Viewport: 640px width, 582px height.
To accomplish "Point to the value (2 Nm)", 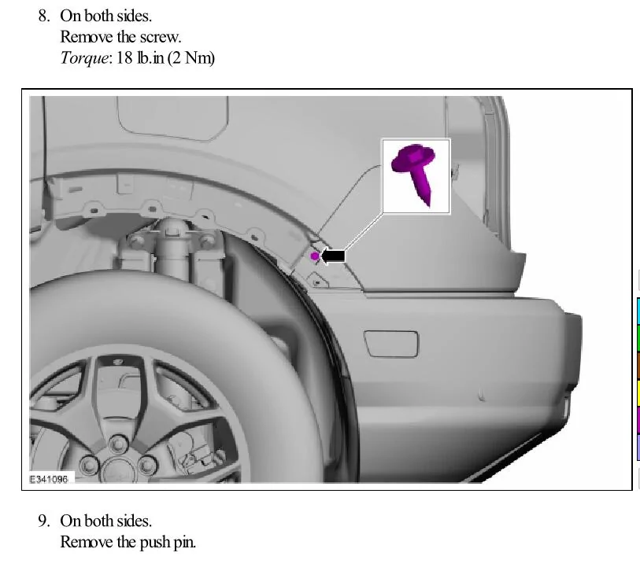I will pyautogui.click(x=189, y=58).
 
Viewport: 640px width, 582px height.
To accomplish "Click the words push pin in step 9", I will pyautogui.click(x=167, y=542).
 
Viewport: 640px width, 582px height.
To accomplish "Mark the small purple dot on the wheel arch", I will pyautogui.click(x=315, y=256).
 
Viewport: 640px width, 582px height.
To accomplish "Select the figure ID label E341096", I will pyautogui.click(x=49, y=478).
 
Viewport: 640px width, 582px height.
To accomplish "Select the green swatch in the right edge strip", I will pyautogui.click(x=638, y=338).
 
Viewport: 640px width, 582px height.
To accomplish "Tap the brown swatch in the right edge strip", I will pyautogui.click(x=638, y=366).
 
